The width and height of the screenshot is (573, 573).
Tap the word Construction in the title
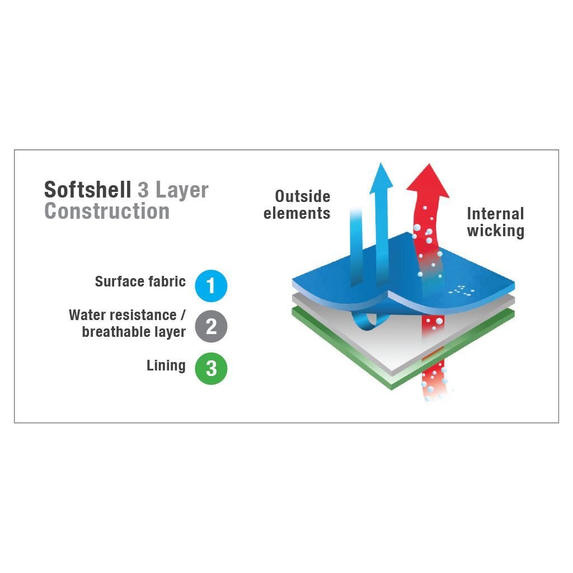[x=107, y=211]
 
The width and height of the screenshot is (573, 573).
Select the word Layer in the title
[x=182, y=191]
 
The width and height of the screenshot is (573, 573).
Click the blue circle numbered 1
[x=211, y=286]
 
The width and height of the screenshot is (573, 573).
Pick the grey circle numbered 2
[x=211, y=326]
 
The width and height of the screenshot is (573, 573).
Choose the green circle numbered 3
[x=211, y=368]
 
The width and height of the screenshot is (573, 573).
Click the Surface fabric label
[x=140, y=281]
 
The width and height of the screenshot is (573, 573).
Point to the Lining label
[x=166, y=366]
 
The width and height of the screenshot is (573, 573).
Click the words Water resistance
[x=123, y=315]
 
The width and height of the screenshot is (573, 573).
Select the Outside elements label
[x=297, y=205]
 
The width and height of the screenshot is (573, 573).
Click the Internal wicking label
[x=496, y=222]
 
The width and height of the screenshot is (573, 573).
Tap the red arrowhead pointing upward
[x=428, y=181]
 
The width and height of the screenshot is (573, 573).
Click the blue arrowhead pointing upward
[x=381, y=179]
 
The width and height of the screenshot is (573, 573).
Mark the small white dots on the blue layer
[x=462, y=290]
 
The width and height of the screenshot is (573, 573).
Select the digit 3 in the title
[x=143, y=190]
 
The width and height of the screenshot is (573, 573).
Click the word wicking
[x=496, y=231]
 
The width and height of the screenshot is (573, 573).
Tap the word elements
[x=297, y=213]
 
